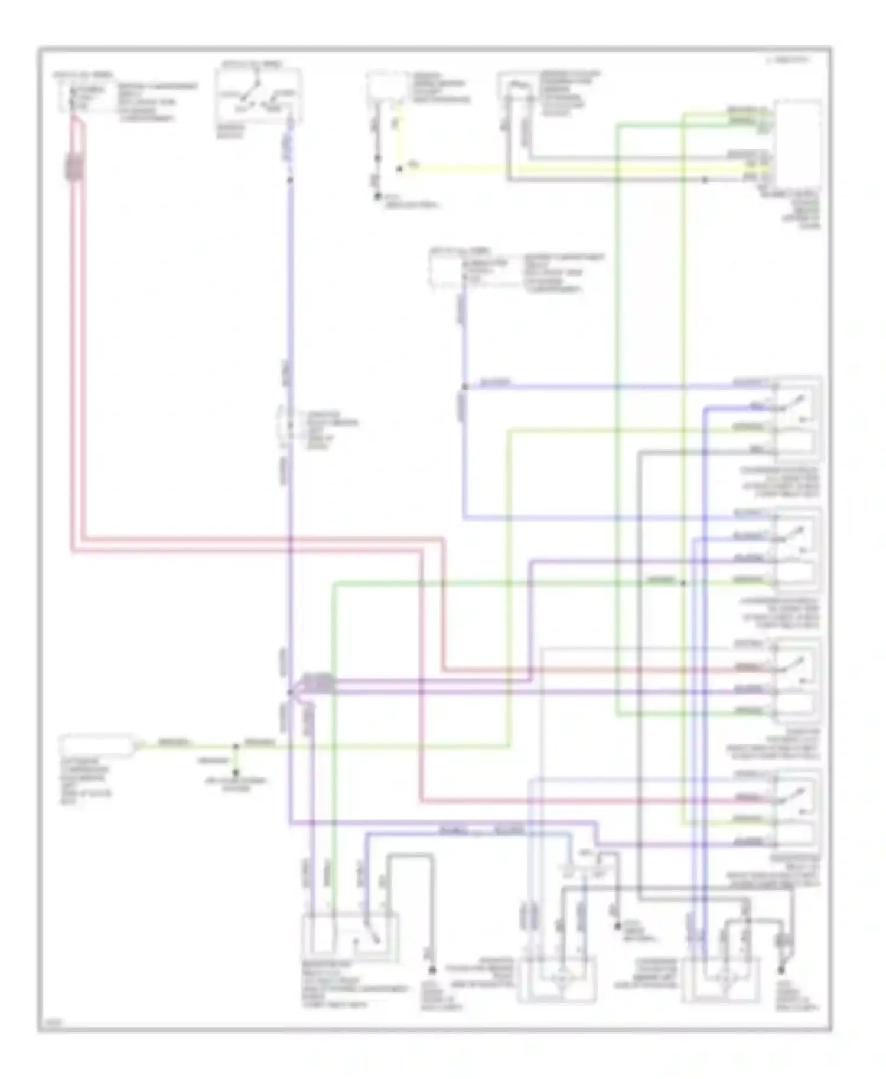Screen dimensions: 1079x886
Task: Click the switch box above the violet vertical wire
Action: [x=258, y=96]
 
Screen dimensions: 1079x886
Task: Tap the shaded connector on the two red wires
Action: [x=74, y=167]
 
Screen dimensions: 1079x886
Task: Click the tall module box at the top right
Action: [x=797, y=143]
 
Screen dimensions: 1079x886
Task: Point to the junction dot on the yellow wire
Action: [x=399, y=169]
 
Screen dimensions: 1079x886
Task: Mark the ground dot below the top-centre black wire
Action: [x=377, y=197]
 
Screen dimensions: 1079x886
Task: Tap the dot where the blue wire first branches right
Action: [x=464, y=387]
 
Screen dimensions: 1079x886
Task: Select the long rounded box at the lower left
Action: [x=97, y=746]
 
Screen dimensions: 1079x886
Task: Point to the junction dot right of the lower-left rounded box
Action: [x=236, y=746]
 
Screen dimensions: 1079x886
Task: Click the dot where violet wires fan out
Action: [x=290, y=692]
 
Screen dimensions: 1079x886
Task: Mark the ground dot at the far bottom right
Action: [x=781, y=970]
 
